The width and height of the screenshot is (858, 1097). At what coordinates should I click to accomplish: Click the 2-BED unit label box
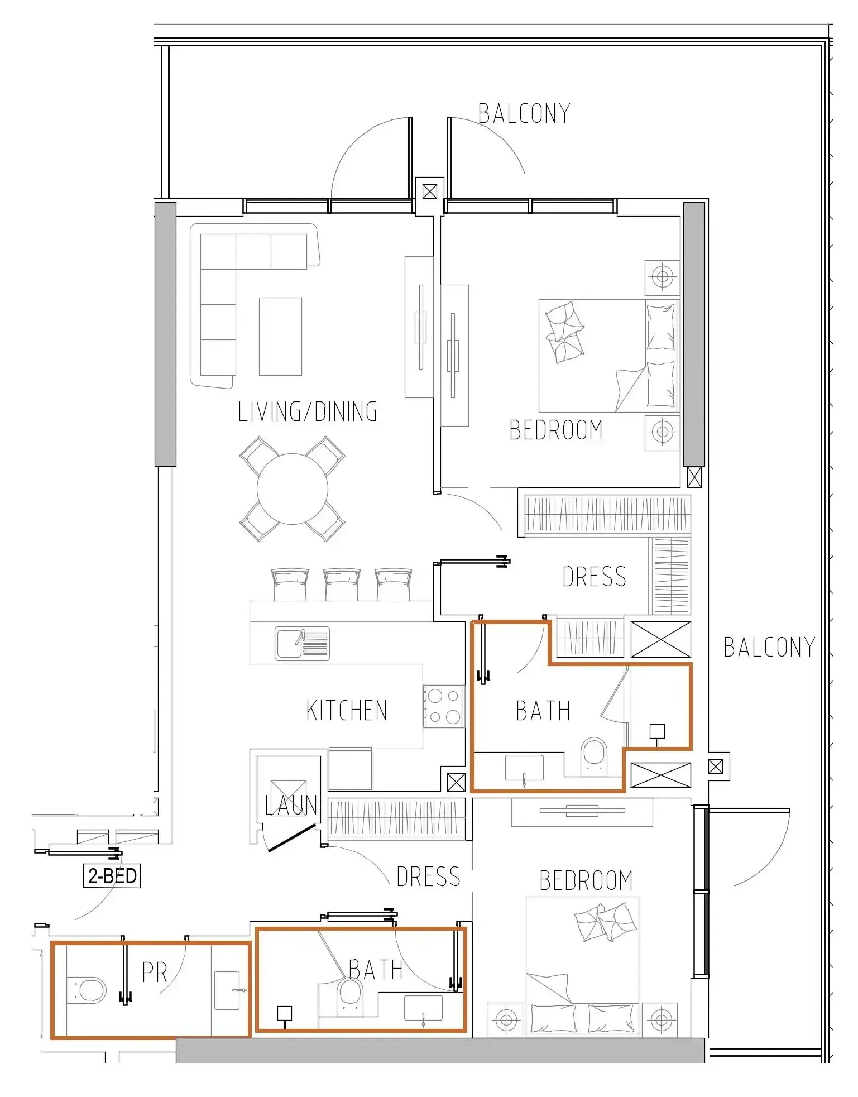112,875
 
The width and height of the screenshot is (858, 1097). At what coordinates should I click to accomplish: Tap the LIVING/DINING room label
308,412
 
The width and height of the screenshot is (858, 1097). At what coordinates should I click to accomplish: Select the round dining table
293,489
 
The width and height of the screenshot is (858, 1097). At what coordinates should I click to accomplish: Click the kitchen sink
302,643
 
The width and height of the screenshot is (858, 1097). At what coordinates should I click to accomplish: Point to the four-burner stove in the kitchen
443,706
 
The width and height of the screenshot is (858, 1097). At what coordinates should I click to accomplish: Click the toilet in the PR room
87,990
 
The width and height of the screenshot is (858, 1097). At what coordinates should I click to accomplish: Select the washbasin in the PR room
228,990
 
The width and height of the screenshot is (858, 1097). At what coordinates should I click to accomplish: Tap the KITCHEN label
347,711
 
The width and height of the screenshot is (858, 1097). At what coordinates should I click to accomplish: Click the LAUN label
291,805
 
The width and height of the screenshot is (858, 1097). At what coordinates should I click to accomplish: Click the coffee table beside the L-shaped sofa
280,336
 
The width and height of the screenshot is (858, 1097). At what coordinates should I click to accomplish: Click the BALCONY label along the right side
769,648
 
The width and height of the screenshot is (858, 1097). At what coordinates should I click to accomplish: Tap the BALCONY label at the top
524,114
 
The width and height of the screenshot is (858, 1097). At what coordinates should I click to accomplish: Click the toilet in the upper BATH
593,756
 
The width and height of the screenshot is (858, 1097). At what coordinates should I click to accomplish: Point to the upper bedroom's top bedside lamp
663,277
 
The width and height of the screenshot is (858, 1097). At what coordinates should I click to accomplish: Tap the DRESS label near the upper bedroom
595,577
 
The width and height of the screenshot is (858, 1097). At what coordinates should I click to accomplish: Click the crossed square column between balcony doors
430,192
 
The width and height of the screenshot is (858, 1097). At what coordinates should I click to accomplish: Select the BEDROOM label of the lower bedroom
586,881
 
